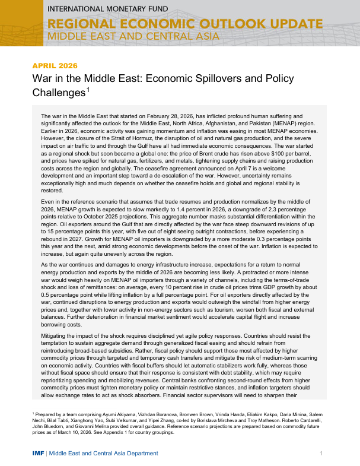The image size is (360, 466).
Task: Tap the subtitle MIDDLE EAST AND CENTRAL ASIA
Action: pos(133,36)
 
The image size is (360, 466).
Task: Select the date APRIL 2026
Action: pos(55,65)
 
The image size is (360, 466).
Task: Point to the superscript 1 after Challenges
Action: pos(88,90)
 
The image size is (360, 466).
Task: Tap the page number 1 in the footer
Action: pos(320,454)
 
